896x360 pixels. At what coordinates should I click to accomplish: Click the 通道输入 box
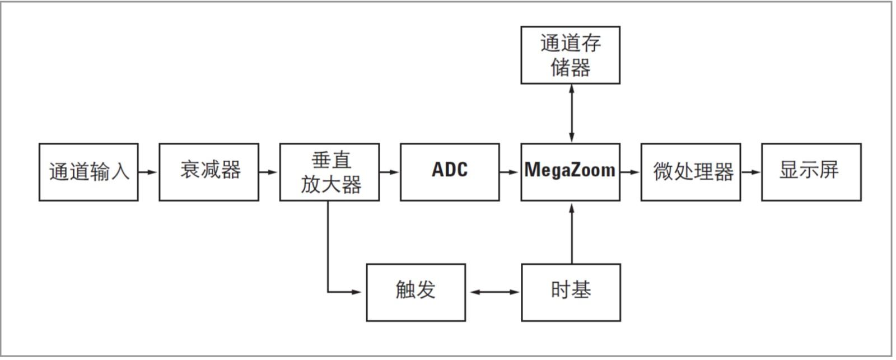(x=88, y=172)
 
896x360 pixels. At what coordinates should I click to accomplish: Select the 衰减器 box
(x=209, y=172)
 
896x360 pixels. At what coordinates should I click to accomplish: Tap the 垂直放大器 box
(x=329, y=172)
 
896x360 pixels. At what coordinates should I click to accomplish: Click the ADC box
(x=450, y=172)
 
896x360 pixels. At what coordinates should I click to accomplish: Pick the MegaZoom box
(x=570, y=172)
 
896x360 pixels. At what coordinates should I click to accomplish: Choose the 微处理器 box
(x=690, y=172)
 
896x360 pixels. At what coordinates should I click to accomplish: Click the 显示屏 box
(x=811, y=172)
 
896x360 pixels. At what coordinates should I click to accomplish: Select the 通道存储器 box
(x=570, y=55)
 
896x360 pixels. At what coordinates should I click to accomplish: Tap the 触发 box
(x=416, y=292)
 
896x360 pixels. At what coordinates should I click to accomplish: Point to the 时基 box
(x=571, y=292)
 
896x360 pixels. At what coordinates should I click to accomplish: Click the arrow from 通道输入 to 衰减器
(x=148, y=172)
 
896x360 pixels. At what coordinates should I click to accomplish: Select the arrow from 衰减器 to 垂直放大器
(x=269, y=172)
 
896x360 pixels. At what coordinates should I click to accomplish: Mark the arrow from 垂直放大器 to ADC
(x=389, y=172)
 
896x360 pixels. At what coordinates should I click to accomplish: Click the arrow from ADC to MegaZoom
(x=510, y=172)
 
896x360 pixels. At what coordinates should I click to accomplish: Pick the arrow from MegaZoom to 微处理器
(x=630, y=172)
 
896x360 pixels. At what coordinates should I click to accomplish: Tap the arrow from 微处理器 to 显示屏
(x=751, y=172)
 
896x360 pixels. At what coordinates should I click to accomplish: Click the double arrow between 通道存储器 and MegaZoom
(x=571, y=113)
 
